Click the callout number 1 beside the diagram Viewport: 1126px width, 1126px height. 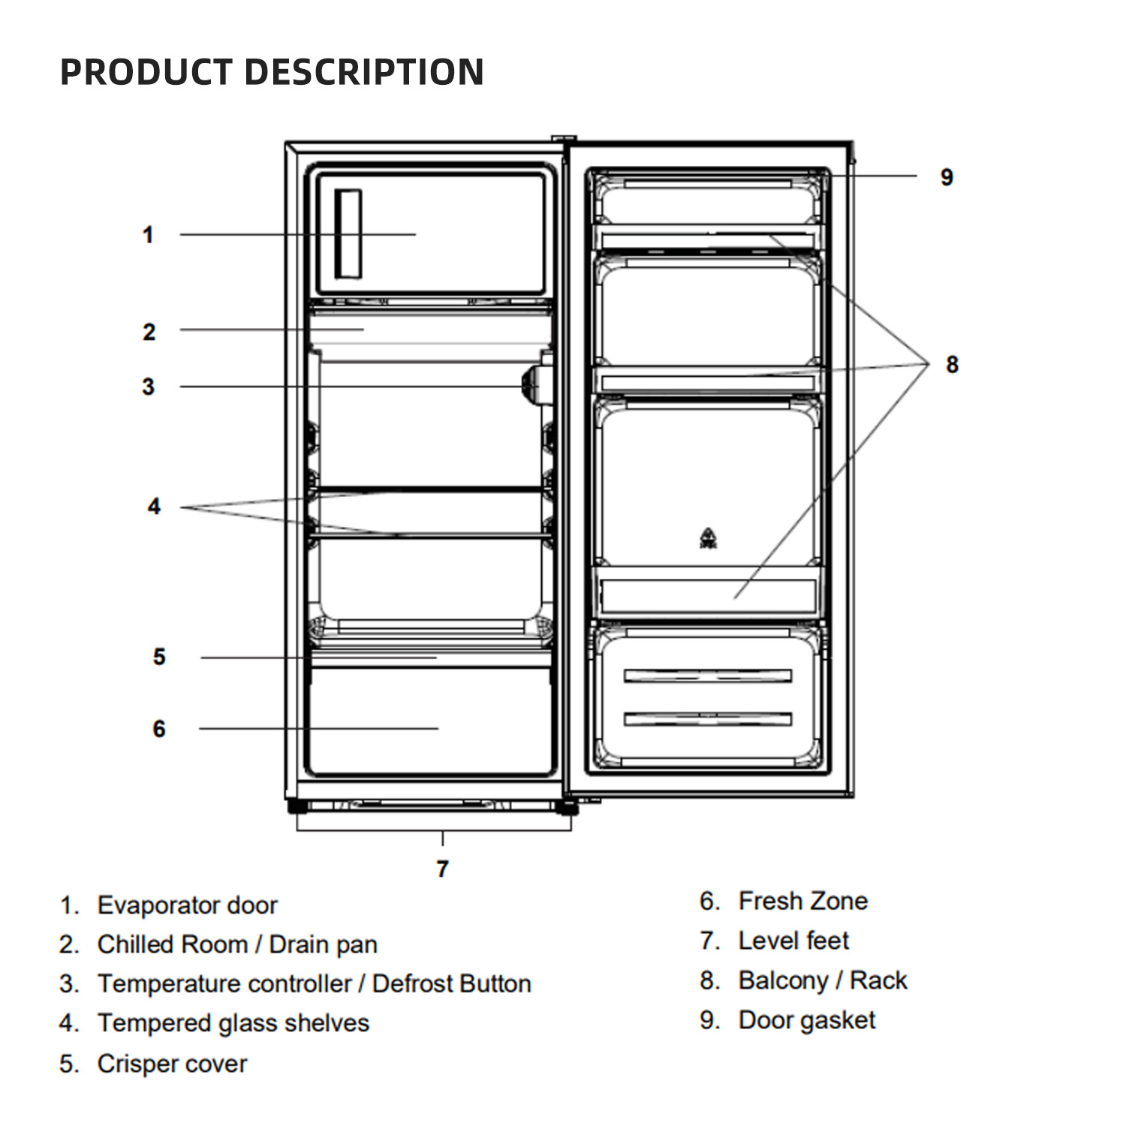(148, 235)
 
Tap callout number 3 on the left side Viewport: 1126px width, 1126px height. (149, 387)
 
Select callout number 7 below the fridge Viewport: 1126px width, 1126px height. (442, 869)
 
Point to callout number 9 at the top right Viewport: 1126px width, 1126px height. (947, 177)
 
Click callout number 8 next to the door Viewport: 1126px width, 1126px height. (952, 364)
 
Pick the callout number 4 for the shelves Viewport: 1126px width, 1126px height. (154, 507)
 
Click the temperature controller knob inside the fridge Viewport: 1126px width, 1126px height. (532, 381)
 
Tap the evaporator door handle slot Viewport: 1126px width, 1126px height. (348, 234)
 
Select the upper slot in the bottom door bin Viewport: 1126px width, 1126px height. (708, 676)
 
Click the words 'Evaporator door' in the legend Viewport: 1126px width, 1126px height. (188, 905)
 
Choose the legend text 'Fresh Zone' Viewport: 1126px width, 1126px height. (802, 901)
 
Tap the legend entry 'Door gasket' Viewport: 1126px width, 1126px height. (807, 1020)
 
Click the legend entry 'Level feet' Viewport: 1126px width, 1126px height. (793, 941)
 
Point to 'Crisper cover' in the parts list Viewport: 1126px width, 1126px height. (172, 1064)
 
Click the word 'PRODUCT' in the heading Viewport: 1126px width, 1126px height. (146, 72)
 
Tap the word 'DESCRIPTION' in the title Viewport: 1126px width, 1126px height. (364, 72)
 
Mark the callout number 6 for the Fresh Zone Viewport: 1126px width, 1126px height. (159, 728)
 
